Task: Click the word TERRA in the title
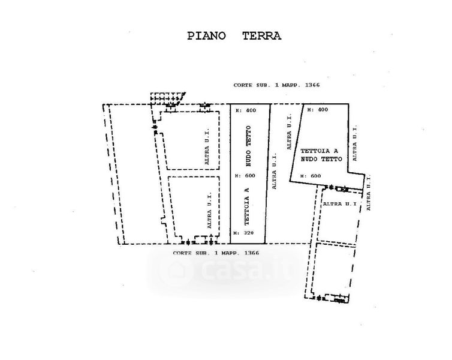[x=261, y=35]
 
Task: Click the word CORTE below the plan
[x=183, y=253]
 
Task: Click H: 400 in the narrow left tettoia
[x=245, y=111]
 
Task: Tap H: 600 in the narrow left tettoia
[x=245, y=176]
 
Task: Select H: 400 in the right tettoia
[x=317, y=110]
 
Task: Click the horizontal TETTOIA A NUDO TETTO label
[x=319, y=155]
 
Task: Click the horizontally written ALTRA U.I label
[x=340, y=205]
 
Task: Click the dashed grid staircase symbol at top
[x=167, y=98]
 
